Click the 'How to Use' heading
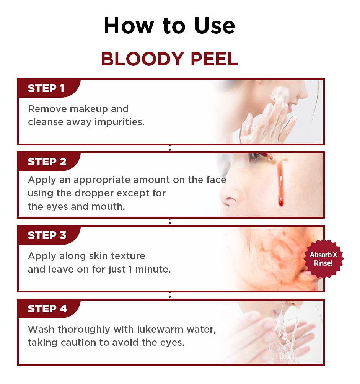[x=169, y=26]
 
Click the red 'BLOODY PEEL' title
[x=169, y=59]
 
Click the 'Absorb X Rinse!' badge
[x=323, y=259]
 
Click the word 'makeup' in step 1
[x=89, y=109]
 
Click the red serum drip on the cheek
[x=280, y=184]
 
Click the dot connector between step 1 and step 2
[x=170, y=149]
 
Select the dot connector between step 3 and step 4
[x=170, y=297]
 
